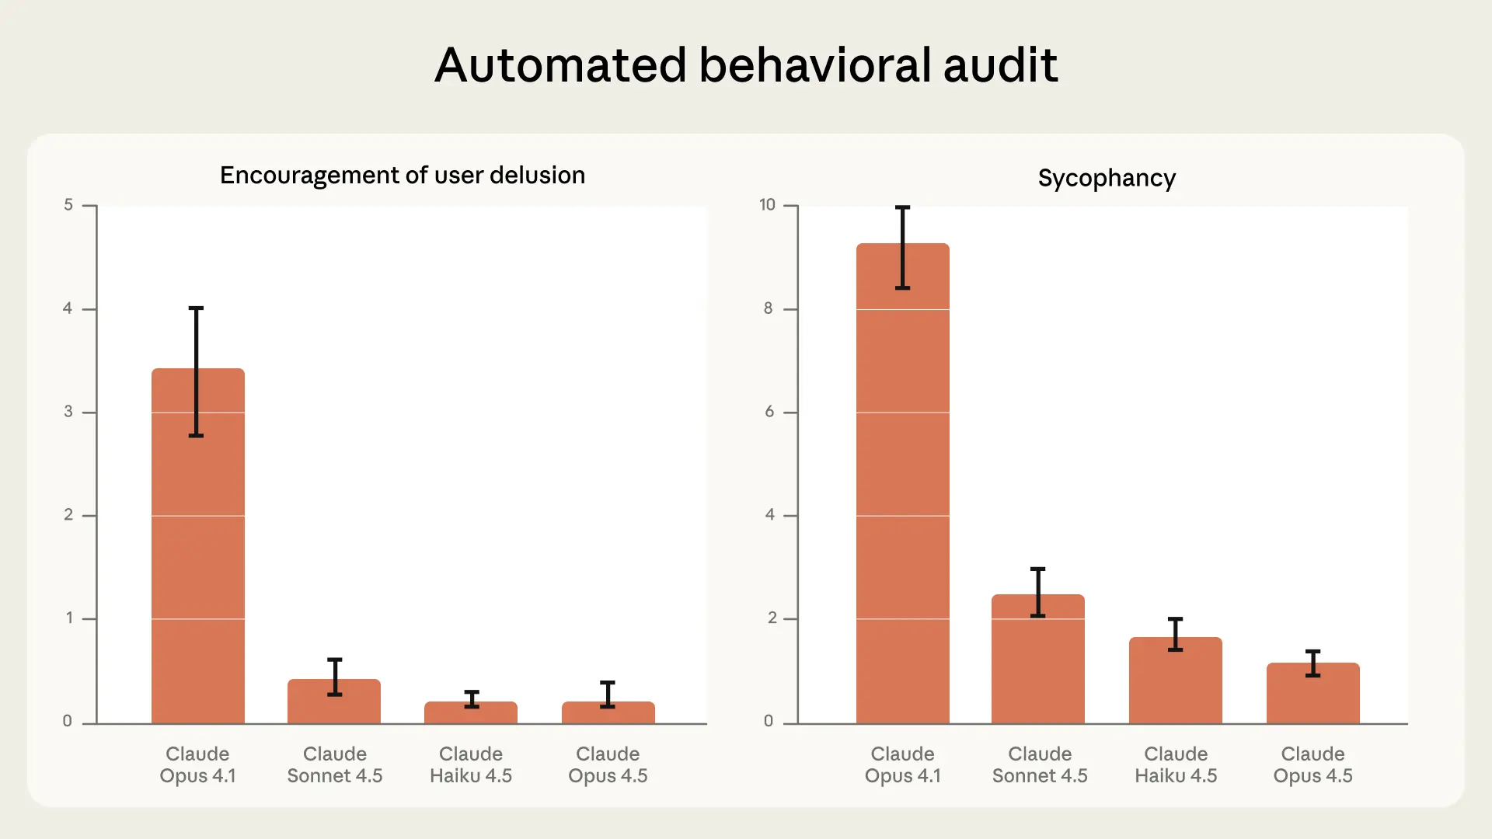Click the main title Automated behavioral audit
click(x=746, y=64)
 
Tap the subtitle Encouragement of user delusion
click(x=403, y=176)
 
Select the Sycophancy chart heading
click(x=1107, y=179)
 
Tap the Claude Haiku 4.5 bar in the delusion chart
click(x=471, y=714)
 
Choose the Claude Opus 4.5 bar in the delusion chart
click(x=608, y=714)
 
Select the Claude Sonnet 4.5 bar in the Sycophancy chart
click(x=1038, y=668)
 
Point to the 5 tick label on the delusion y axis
click(x=68, y=205)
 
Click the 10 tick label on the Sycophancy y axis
click(x=768, y=205)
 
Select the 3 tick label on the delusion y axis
click(x=68, y=412)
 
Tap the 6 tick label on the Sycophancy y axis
click(x=769, y=412)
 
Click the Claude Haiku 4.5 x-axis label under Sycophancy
click(x=1176, y=765)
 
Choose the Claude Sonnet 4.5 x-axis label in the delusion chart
click(x=335, y=765)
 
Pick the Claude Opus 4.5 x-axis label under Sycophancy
click(x=1313, y=765)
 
